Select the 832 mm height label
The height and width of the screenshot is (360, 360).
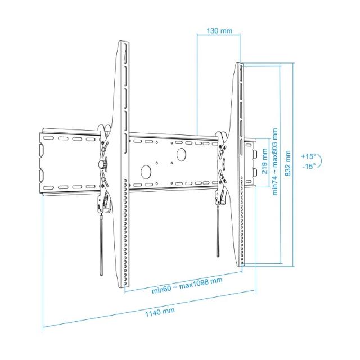click(x=288, y=163)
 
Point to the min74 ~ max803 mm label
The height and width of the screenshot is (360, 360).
click(x=276, y=161)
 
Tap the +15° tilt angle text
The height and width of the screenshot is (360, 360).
click(x=308, y=155)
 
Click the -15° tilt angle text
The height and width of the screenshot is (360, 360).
click(x=308, y=166)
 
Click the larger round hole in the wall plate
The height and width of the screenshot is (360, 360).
click(x=181, y=154)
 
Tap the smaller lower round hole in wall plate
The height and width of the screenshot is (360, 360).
click(x=145, y=171)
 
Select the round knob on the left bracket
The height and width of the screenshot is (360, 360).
click(x=102, y=164)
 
